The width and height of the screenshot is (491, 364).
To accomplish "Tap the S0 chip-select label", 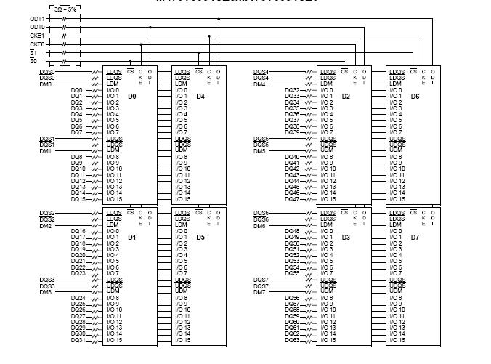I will (x=33, y=61).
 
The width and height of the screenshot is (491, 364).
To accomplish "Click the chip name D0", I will (x=131, y=96).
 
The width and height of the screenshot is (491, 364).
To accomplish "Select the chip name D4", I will (x=200, y=96).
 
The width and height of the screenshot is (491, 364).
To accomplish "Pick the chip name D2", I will (x=346, y=96).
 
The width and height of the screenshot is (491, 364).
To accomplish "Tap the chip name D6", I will (x=415, y=96).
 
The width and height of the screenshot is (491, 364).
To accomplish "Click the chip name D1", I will (x=131, y=237).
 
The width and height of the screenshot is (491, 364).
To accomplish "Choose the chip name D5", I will (x=200, y=237).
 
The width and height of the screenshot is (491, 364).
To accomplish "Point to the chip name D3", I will (x=346, y=237).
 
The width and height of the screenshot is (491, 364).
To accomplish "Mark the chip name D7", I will (x=415, y=237).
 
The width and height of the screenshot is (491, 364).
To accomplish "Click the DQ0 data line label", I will (x=77, y=90).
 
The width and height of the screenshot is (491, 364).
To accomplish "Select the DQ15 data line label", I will (x=77, y=199).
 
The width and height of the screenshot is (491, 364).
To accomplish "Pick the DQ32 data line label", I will (x=292, y=90).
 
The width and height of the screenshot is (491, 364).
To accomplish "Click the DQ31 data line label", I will (x=77, y=340).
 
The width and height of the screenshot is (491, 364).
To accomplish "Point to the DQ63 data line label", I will (x=292, y=340).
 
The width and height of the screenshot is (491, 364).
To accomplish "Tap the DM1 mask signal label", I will (x=45, y=151).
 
